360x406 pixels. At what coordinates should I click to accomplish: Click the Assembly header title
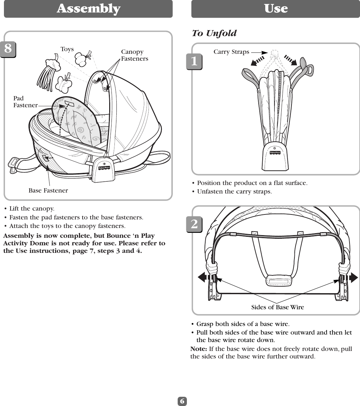[88, 9]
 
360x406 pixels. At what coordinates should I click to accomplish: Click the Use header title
[276, 9]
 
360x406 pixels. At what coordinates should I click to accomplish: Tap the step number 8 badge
[8, 49]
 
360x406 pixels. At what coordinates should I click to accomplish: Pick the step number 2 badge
[194, 224]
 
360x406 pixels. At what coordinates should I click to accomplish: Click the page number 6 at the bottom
[182, 401]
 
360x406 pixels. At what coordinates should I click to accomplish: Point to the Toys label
[67, 49]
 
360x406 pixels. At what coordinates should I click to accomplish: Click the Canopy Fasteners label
[134, 55]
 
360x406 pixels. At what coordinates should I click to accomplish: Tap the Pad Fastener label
[25, 102]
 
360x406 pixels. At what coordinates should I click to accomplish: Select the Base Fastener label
[48, 191]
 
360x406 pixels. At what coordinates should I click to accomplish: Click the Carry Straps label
[231, 52]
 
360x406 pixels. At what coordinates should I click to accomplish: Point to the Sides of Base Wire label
[277, 307]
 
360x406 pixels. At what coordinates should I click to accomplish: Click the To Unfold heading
[214, 33]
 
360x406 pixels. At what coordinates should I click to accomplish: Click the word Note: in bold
[199, 348]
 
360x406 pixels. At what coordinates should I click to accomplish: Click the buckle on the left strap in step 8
[13, 163]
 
